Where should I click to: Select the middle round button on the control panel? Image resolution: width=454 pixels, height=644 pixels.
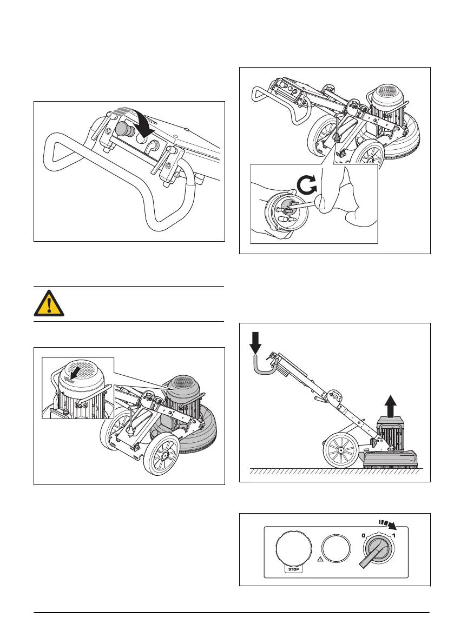(337, 550)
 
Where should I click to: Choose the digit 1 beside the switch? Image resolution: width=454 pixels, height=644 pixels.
(394, 536)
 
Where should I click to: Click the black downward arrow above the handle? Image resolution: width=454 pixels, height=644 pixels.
(256, 340)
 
